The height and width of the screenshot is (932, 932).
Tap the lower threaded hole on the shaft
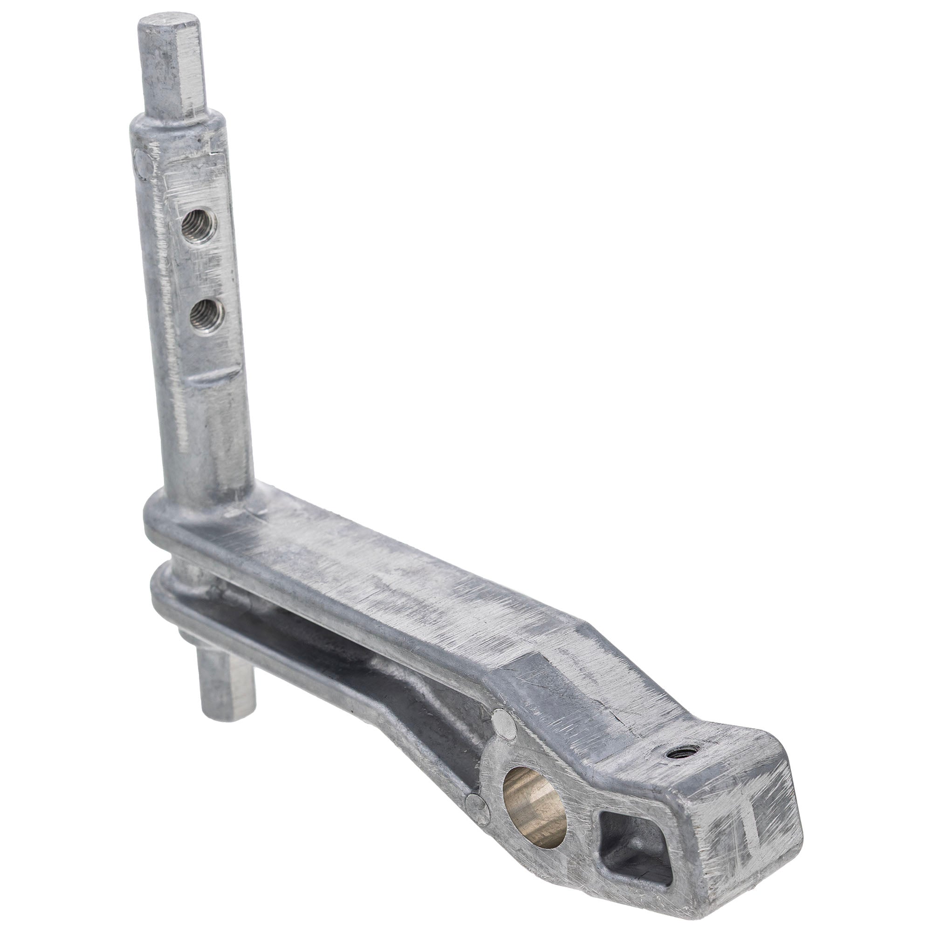pos(207,316)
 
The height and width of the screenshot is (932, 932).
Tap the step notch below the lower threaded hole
pos(217,378)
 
